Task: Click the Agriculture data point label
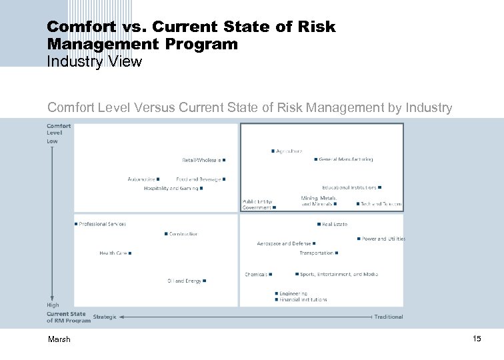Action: pyautogui.click(x=289, y=151)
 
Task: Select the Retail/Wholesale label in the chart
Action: pyautogui.click(x=202, y=160)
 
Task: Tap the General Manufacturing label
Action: pyautogui.click(x=346, y=159)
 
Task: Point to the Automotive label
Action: pyautogui.click(x=141, y=179)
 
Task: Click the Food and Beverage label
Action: pyautogui.click(x=199, y=179)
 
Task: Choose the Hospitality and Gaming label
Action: pyautogui.click(x=171, y=188)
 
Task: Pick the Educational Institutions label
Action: pyautogui.click(x=349, y=187)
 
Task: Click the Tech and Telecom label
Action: pyautogui.click(x=381, y=204)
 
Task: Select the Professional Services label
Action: pyautogui.click(x=102, y=224)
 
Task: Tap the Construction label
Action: pyautogui.click(x=183, y=234)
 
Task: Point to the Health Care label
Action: pyautogui.click(x=113, y=253)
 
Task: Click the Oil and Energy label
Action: pyautogui.click(x=184, y=281)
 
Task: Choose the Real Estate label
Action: pyautogui.click(x=335, y=225)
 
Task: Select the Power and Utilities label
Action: pyautogui.click(x=383, y=239)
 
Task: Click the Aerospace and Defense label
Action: pyautogui.click(x=284, y=244)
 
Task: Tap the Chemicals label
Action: pyautogui.click(x=256, y=274)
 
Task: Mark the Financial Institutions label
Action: pyautogui.click(x=303, y=300)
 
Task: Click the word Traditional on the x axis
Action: pyautogui.click(x=389, y=317)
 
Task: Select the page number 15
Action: pyautogui.click(x=476, y=339)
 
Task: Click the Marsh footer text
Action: pyautogui.click(x=59, y=339)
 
